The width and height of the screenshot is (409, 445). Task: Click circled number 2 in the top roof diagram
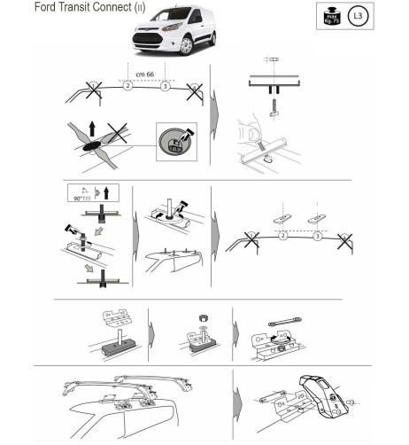point(127,87)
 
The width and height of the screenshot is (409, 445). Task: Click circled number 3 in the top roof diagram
point(165,87)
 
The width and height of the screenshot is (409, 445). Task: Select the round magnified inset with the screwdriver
point(175,140)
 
